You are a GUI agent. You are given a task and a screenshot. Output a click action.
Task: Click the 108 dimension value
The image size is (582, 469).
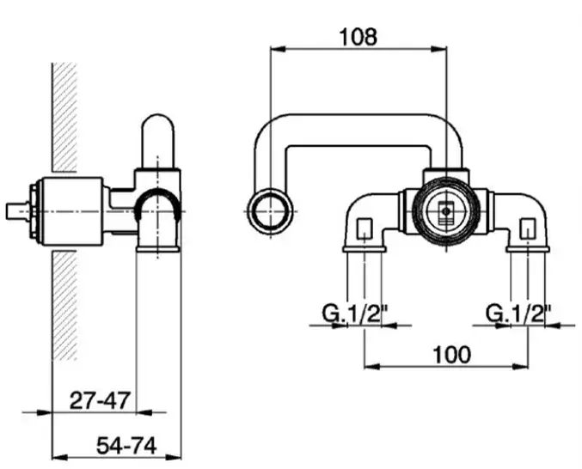click(358, 37)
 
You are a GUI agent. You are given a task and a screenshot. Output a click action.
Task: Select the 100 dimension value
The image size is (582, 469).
click(451, 355)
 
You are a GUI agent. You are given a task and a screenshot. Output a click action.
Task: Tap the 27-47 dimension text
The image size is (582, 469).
click(100, 400)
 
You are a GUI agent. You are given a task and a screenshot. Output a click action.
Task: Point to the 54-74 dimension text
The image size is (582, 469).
click(126, 446)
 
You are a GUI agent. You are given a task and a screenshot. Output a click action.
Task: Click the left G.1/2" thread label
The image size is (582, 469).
click(355, 314)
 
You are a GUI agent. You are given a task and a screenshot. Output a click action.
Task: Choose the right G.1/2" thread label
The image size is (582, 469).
click(519, 314)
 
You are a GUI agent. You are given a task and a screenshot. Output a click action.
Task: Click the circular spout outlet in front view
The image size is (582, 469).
click(271, 210)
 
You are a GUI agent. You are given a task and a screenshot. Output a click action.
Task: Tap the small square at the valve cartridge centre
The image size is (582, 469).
click(446, 212)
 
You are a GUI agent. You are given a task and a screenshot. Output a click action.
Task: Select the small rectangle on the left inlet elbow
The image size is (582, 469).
click(365, 228)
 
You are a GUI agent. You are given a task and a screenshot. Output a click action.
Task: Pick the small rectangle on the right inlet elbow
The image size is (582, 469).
click(528, 228)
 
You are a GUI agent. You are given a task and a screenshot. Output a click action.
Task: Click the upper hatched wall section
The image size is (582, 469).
click(64, 117)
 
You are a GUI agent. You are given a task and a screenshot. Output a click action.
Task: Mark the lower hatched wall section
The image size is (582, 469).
click(64, 306)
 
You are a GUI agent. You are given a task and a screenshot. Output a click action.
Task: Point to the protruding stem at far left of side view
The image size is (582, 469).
click(17, 211)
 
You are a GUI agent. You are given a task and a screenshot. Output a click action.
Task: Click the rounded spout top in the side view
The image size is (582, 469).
click(158, 141)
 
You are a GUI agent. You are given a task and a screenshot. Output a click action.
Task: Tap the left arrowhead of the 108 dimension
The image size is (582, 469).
click(279, 49)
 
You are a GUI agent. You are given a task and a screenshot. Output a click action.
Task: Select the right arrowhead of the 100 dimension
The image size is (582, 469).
click(520, 366)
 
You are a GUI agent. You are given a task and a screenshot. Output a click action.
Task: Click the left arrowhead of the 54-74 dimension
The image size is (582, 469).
click(60, 458)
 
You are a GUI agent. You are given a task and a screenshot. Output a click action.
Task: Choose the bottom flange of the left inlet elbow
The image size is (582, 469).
click(365, 249)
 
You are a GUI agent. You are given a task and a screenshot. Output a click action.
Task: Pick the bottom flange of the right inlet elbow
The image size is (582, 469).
click(528, 249)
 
